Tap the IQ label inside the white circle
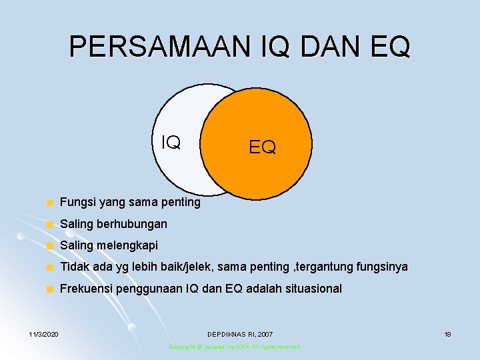click(171, 142)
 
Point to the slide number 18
click(447, 333)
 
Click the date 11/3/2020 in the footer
click(43, 333)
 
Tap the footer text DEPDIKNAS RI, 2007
click(240, 333)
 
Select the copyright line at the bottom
click(235, 347)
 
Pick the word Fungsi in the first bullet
click(75, 202)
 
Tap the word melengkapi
click(127, 245)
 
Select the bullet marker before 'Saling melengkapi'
click(48, 246)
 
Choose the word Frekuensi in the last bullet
click(85, 289)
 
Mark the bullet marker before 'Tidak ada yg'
click(48, 268)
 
